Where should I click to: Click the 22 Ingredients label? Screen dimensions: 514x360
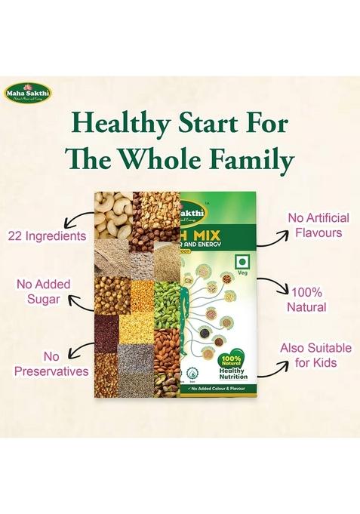tap(47, 236)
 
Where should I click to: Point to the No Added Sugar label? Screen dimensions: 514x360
tap(43, 292)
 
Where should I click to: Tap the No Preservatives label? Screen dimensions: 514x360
tap(45, 363)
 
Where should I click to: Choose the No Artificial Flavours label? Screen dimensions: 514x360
tap(314, 225)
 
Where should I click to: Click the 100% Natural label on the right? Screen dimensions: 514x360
tap(308, 299)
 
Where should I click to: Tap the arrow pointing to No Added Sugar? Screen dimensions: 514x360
tap(79, 300)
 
